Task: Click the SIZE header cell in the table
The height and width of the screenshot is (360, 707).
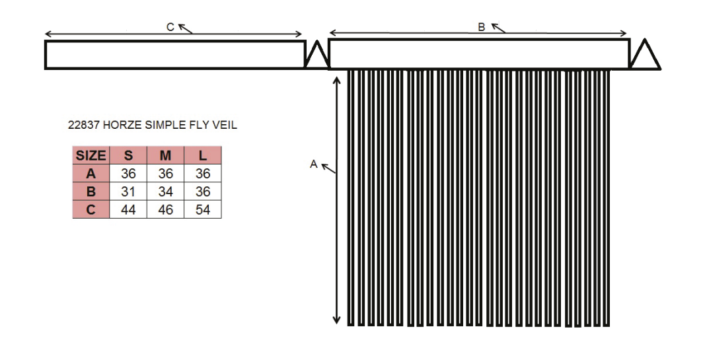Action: (91, 155)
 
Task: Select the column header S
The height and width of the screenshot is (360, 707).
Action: (128, 155)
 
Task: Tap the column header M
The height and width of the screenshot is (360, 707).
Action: (165, 155)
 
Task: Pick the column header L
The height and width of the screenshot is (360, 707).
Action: (203, 155)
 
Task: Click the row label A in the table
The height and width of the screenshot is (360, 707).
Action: (91, 174)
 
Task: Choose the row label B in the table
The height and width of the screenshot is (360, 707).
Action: (91, 192)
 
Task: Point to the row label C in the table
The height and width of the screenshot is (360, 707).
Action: (91, 209)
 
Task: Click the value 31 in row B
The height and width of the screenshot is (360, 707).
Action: (128, 192)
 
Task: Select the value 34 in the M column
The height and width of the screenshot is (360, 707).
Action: (165, 192)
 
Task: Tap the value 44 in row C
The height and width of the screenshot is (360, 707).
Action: (128, 209)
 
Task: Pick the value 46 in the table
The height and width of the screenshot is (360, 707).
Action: (165, 209)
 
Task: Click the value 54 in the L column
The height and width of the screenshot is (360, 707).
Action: (203, 209)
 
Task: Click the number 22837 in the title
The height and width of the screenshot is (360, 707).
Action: (84, 126)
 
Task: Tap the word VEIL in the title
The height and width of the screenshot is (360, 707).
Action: (225, 126)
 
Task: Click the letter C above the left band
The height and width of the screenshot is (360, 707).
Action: (170, 28)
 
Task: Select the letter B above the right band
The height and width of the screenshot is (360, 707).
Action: (482, 28)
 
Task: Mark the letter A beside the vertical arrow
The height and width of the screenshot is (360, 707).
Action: (314, 164)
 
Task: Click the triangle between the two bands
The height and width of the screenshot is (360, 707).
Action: (317, 55)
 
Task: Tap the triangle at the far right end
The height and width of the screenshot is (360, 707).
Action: (646, 55)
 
